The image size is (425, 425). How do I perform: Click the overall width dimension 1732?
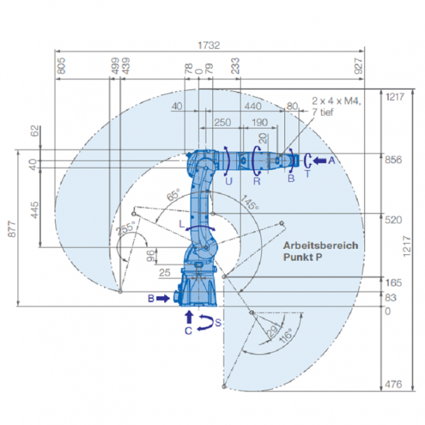(209, 45)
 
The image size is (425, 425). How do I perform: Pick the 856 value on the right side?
(394, 160)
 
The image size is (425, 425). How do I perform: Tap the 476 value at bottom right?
(394, 384)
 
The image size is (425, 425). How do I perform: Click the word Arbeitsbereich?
(321, 245)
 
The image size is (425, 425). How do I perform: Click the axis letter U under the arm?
(228, 181)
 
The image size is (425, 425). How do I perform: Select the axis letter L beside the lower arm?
(181, 222)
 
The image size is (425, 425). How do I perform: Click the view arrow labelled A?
(319, 161)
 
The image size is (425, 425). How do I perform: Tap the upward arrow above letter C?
(189, 316)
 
